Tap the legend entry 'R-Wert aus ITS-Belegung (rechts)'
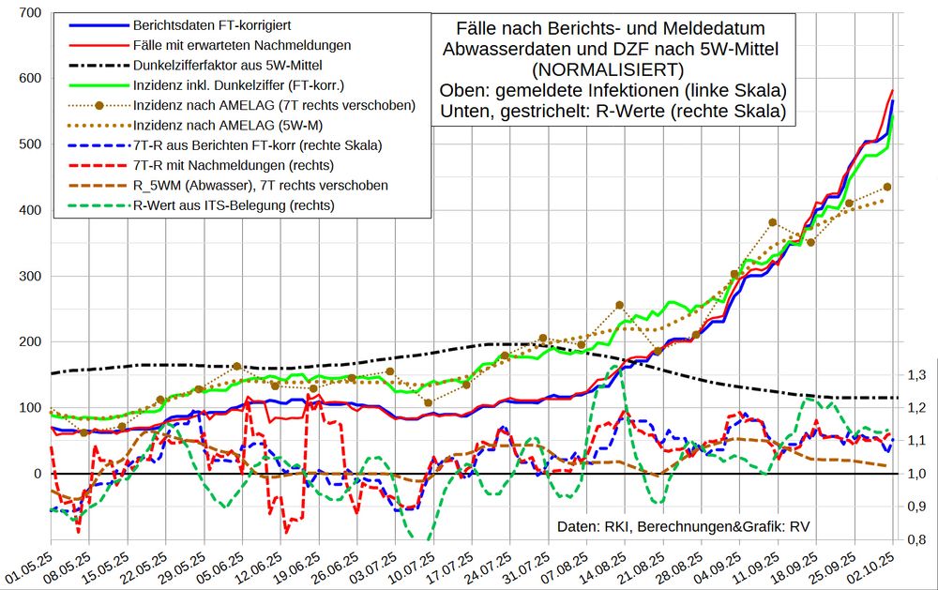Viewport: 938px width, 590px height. [234, 205]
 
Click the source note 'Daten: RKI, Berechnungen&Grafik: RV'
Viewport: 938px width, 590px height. [684, 526]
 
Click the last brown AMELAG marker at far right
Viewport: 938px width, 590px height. [887, 187]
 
